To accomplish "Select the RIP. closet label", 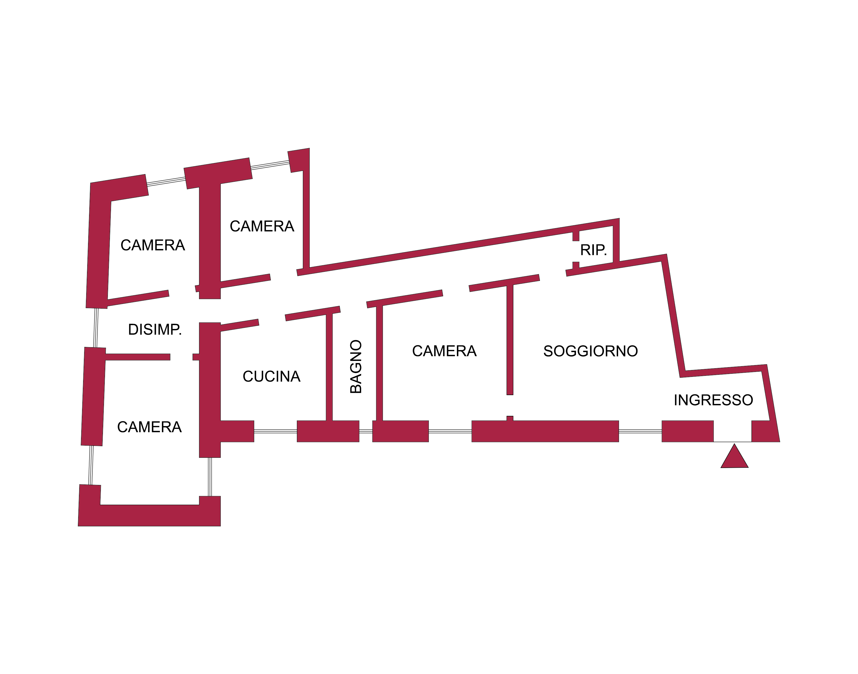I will pos(593,250).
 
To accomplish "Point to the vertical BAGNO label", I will pos(356,366).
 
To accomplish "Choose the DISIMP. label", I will pos(155,329).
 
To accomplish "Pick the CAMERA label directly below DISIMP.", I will pos(149,427).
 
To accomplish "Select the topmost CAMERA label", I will pos(262,226).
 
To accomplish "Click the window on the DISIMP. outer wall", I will pos(95,327).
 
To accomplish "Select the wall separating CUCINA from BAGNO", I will pos(329,367).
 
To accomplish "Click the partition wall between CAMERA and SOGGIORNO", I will pos(510,339).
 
